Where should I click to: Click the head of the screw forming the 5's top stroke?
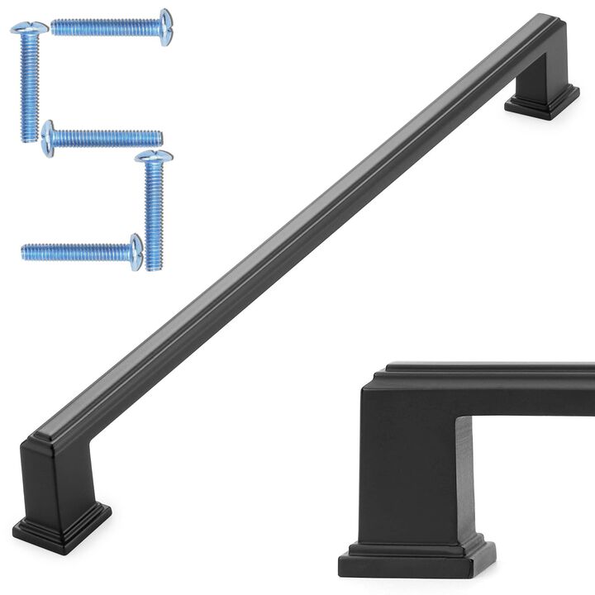[x=166, y=26]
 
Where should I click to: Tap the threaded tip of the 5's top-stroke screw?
[x=55, y=27]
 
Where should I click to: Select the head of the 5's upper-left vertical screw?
[x=29, y=29]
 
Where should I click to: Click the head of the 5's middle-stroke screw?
[x=48, y=138]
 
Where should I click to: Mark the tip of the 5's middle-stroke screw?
[x=159, y=137]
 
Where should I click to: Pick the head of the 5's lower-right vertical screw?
[x=154, y=156]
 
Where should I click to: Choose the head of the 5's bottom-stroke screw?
[x=136, y=251]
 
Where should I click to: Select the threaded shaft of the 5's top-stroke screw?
[x=107, y=27]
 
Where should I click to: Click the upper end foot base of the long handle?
[x=541, y=102]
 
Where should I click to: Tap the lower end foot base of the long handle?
[x=61, y=526]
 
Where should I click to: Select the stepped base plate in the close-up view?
[x=417, y=558]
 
